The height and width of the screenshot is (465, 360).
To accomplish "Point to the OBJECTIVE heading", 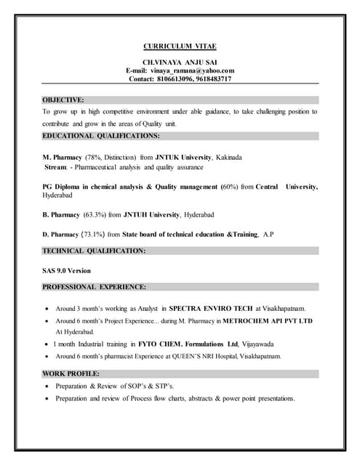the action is [63, 99].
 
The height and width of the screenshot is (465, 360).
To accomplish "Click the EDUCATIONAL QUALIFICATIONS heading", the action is [100, 136].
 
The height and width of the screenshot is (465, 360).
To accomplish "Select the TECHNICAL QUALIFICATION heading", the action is [94, 251].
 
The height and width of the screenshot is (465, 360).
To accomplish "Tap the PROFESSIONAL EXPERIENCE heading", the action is [95, 287].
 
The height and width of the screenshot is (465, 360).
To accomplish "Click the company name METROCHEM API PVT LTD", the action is [268, 320].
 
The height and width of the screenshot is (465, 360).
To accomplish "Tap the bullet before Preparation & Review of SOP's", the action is [47, 386].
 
